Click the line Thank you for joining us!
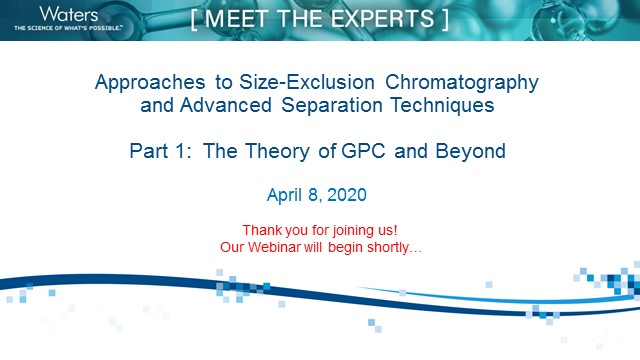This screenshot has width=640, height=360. point(319,230)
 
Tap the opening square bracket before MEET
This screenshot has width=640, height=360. point(197,18)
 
